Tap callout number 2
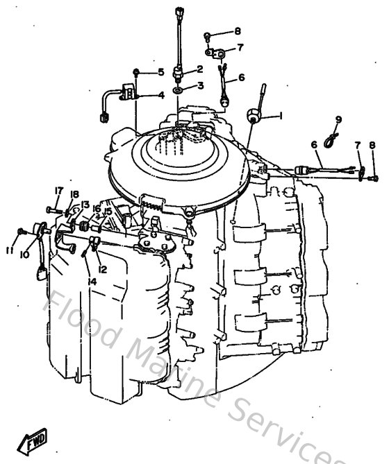(x=199, y=69)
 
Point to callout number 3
(x=200, y=86)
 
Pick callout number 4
(x=160, y=95)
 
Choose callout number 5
(x=160, y=72)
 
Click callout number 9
(x=339, y=120)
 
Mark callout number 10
(x=24, y=255)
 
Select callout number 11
(x=9, y=250)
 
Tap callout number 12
(x=102, y=269)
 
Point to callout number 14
(x=92, y=281)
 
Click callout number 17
(x=59, y=191)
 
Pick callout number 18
(x=74, y=195)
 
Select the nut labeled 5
(x=138, y=72)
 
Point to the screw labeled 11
(x=23, y=230)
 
